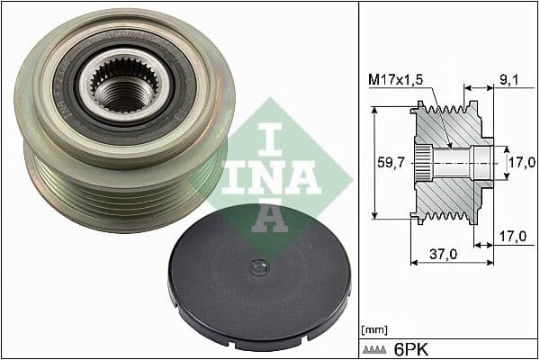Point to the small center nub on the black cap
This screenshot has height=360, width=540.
(259, 265)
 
